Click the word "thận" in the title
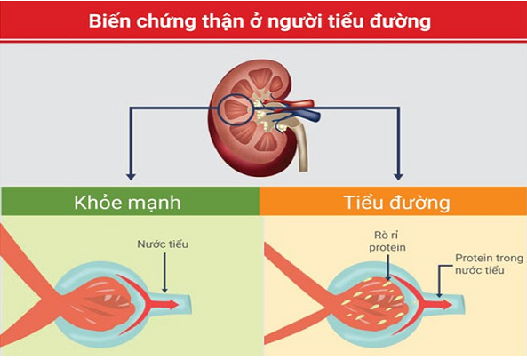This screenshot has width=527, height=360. [x=223, y=21]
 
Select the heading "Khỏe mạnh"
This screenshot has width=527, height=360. [x=127, y=203]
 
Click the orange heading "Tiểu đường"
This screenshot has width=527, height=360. [x=397, y=203]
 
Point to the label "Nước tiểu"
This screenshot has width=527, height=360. [x=163, y=244]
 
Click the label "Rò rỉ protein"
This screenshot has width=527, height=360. [x=387, y=242]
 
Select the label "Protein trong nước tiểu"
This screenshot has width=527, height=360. [x=489, y=264]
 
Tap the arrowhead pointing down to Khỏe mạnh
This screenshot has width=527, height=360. [x=131, y=177]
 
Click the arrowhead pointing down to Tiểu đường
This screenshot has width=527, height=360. [x=399, y=177]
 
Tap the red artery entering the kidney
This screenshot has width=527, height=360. [x=296, y=103]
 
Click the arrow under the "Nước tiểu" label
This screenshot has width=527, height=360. [x=164, y=272]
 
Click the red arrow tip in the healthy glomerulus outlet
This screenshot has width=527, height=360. [x=177, y=305]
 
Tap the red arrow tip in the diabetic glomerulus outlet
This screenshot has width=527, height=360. [x=451, y=305]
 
